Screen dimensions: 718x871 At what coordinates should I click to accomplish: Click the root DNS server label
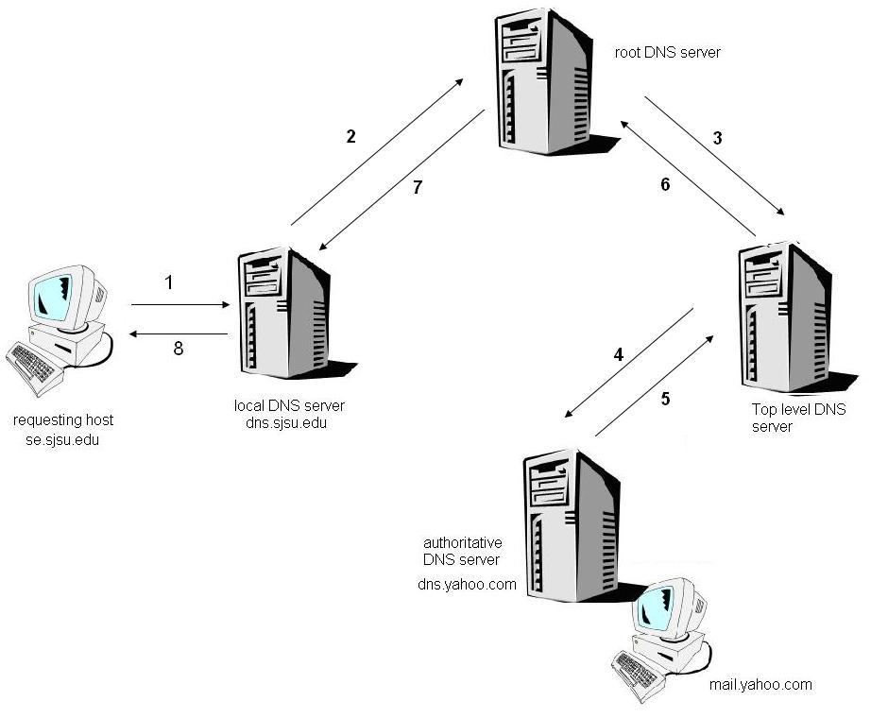667,53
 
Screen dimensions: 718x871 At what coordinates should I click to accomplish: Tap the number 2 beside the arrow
350,137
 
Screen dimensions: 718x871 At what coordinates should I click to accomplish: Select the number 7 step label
418,187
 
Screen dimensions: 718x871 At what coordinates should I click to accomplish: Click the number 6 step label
665,184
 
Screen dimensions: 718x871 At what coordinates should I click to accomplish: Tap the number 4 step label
619,355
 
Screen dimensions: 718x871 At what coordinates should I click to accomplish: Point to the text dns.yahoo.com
467,584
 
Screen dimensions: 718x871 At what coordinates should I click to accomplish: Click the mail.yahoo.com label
760,684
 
